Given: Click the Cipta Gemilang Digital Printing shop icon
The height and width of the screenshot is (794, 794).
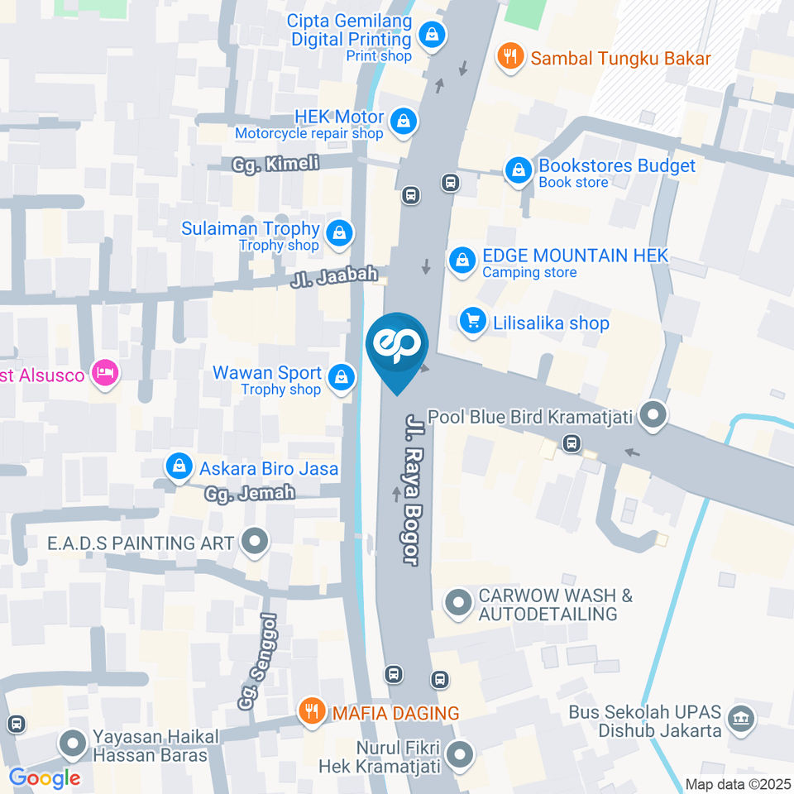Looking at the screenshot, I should [432, 36].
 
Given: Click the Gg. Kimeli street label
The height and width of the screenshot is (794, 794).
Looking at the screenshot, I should [275, 164].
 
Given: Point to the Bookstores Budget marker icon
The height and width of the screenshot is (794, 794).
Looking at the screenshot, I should [519, 171].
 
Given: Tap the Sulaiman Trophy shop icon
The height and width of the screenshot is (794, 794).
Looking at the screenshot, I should [339, 234].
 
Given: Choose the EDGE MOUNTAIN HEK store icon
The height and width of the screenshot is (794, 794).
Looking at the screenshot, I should [462, 261].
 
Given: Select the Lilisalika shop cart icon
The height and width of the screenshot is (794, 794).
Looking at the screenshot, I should [472, 321].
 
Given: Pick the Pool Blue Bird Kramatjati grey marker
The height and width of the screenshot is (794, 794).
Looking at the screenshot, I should [654, 416].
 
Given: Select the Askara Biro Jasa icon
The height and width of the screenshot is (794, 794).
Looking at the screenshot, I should [179, 467].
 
